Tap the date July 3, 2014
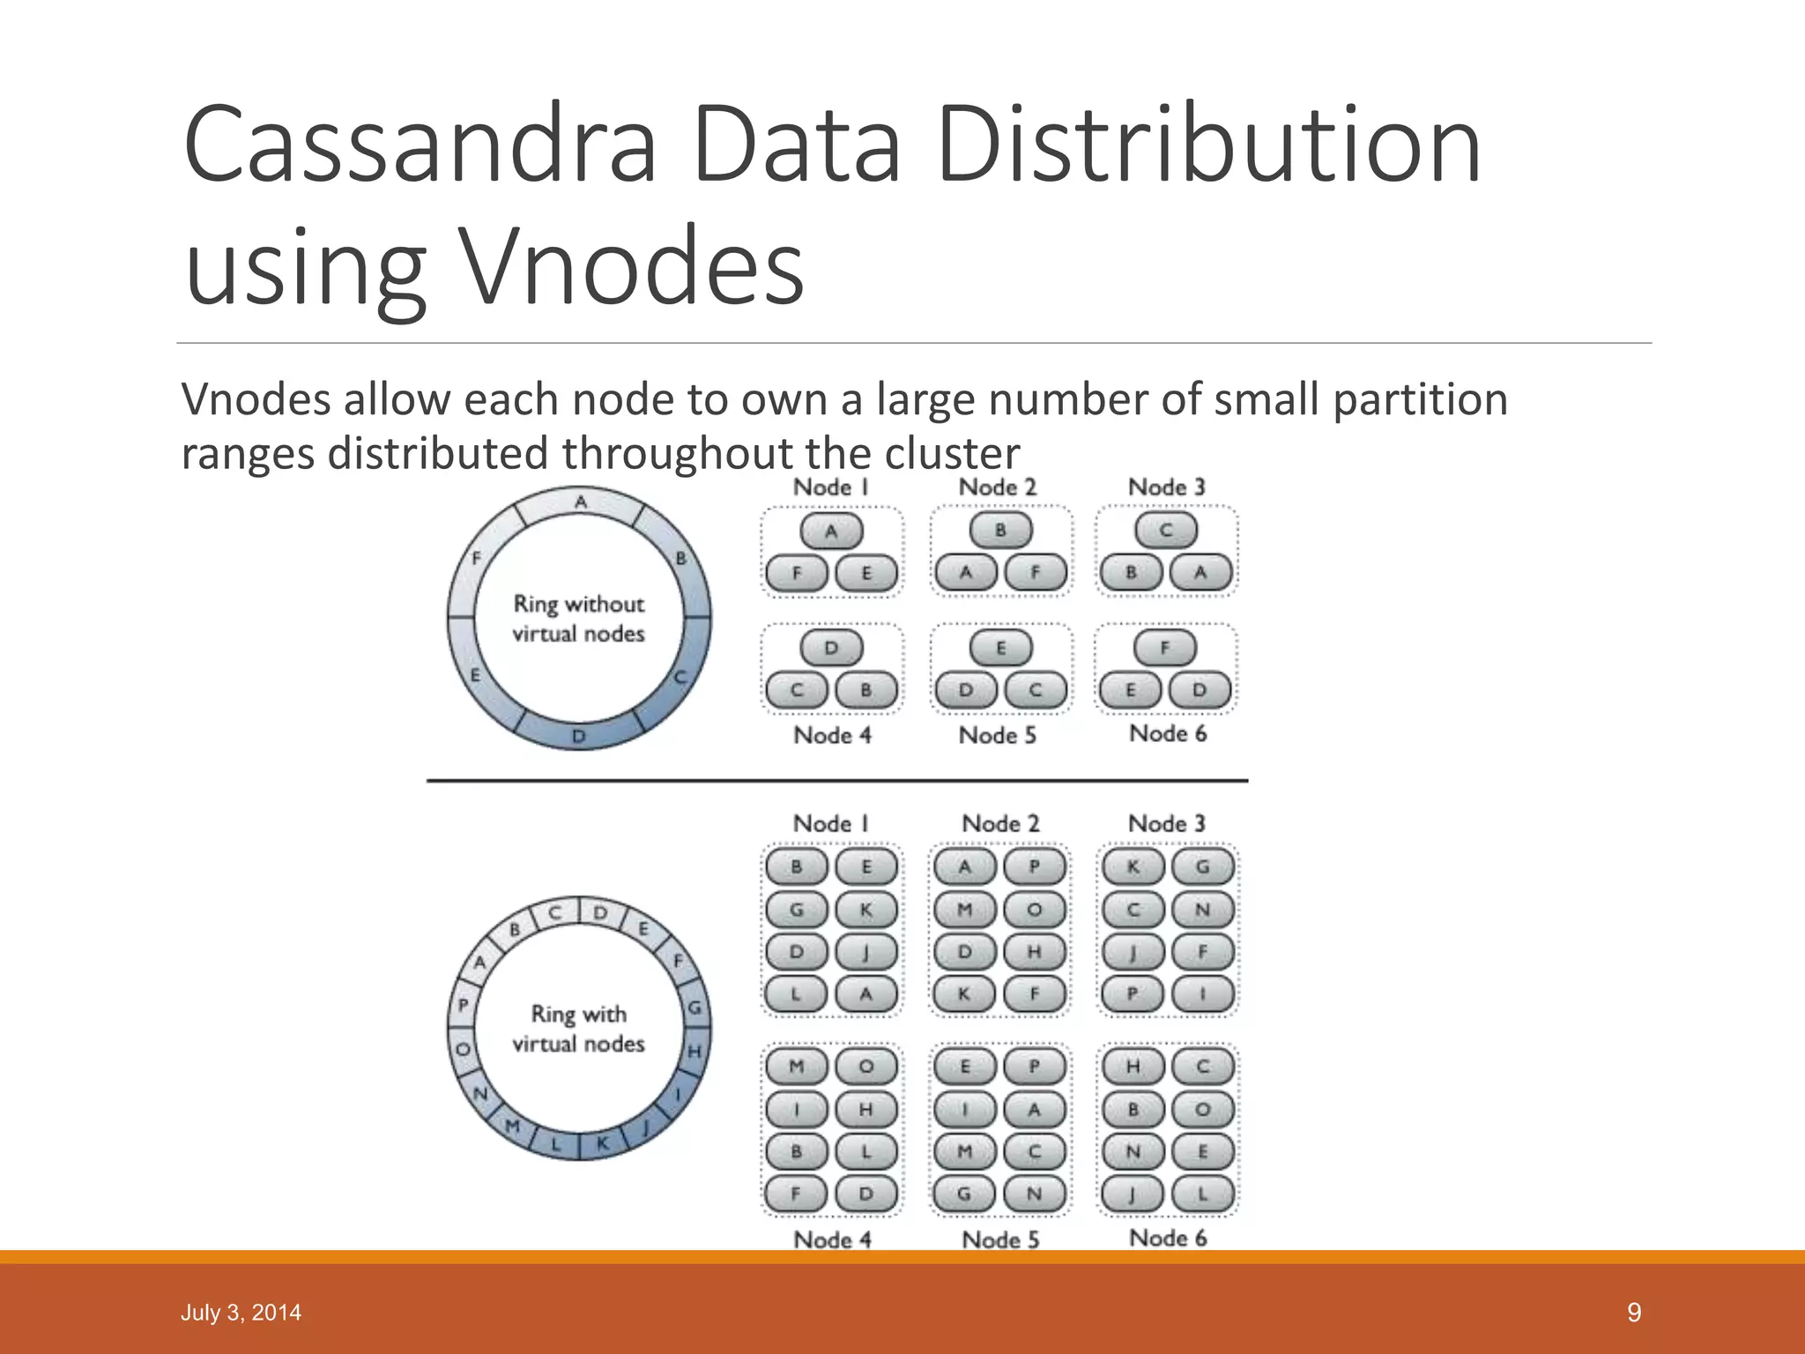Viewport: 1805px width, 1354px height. (241, 1313)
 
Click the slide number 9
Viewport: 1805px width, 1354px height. (1634, 1313)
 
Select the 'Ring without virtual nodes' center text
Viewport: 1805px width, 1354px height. (579, 619)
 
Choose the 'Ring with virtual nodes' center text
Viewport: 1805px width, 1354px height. (579, 1029)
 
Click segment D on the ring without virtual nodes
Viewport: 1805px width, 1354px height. (579, 736)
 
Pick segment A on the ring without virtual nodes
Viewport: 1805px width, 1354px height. (581, 502)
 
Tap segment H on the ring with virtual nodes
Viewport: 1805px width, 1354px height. (695, 1052)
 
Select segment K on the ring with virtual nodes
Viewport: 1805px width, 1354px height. (604, 1144)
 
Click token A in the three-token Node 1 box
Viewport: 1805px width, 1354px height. (831, 531)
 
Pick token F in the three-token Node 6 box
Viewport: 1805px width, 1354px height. (1165, 648)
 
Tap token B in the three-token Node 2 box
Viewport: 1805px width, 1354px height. (1000, 531)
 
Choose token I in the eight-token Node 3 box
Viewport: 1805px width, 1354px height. (1202, 994)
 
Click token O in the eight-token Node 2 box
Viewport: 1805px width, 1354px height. (1035, 910)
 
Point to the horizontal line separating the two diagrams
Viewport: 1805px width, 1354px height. (837, 781)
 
